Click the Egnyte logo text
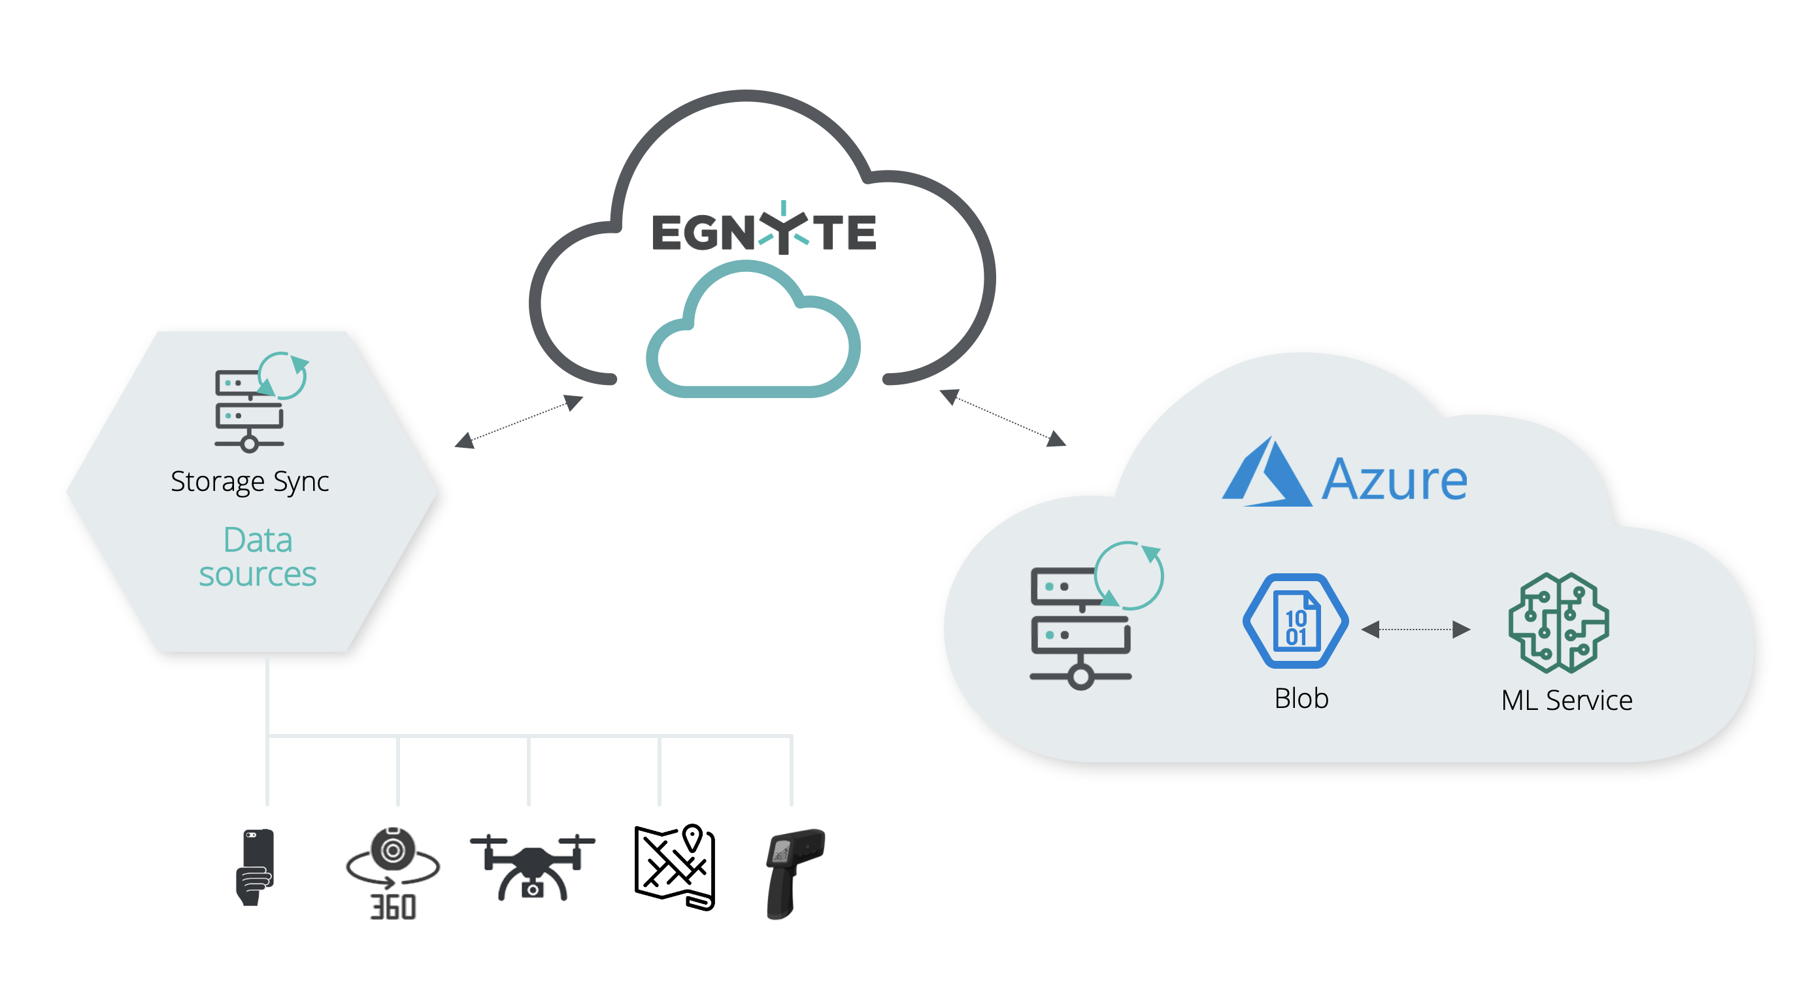coord(763,231)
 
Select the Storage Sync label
coord(250,482)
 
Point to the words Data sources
coord(258,558)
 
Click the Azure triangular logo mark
coord(1266,475)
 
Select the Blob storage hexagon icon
coord(1296,621)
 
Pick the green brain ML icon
coord(1559,622)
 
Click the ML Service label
coord(1567,701)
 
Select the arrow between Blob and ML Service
coord(1416,630)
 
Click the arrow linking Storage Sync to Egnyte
coord(519,422)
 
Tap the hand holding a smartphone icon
coord(256,867)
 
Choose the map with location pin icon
coord(675,867)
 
